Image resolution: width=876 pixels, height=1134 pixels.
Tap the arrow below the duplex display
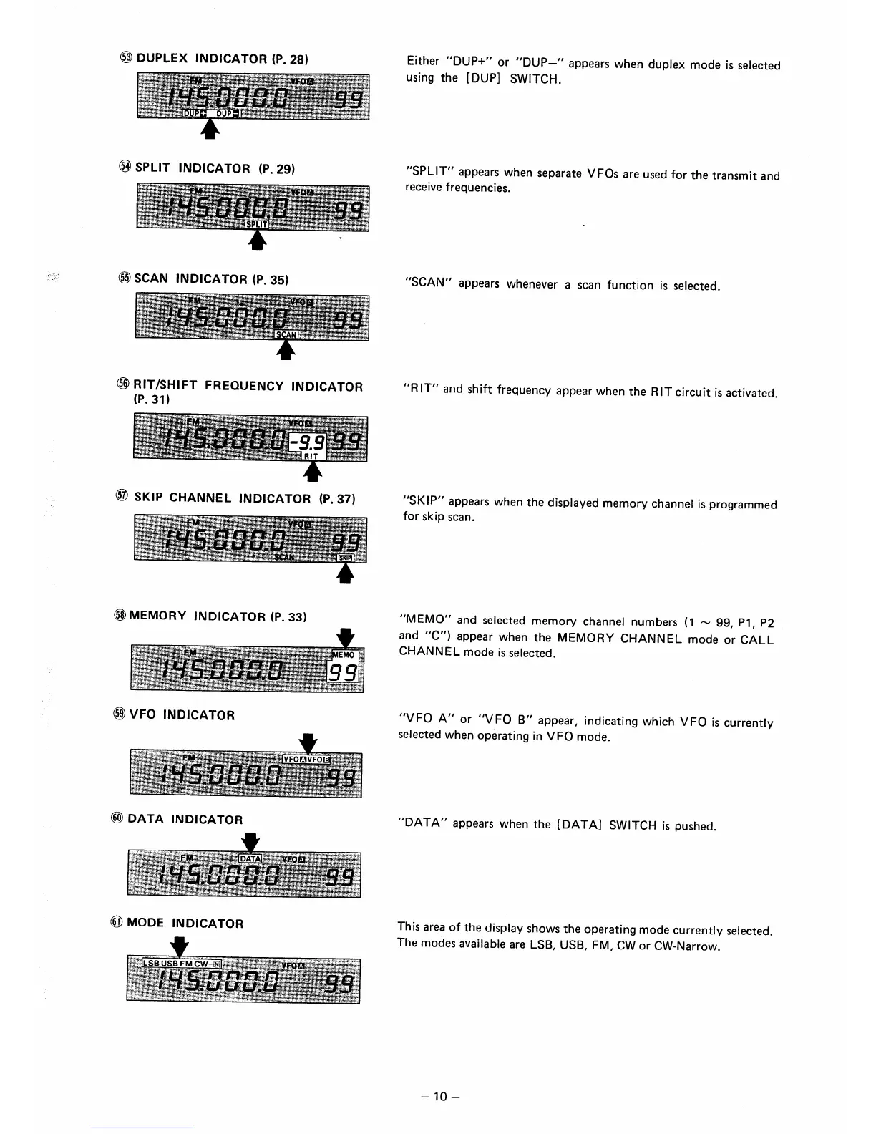coord(209,128)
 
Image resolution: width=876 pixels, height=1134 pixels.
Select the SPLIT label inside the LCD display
coord(256,224)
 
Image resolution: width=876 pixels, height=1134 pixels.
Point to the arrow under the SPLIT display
coord(257,241)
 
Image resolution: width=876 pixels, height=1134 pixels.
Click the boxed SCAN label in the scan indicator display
coord(286,334)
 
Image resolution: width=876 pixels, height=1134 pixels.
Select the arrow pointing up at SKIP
coord(346,574)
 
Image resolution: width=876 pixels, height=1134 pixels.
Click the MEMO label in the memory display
coord(344,655)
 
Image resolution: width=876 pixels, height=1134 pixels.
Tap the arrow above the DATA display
coord(250,840)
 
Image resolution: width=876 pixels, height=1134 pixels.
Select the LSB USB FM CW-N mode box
coord(182,963)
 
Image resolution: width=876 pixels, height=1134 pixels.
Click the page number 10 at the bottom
coord(439,1097)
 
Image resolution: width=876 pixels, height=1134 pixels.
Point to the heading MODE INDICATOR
coord(185,924)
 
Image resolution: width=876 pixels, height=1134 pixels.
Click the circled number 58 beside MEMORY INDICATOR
coord(120,616)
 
